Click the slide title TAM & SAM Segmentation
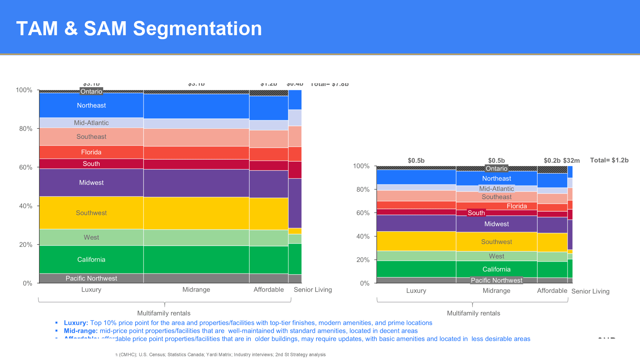click(x=139, y=29)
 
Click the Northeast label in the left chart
click(x=91, y=106)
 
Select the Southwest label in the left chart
click(x=91, y=213)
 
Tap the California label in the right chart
click(x=496, y=270)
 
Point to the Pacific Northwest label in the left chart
click(x=91, y=278)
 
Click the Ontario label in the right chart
click(x=496, y=169)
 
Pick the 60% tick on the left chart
click(x=26, y=167)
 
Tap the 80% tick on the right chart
click(x=363, y=190)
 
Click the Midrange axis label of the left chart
click(x=196, y=290)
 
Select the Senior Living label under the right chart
click(x=590, y=291)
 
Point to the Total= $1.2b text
click(x=609, y=160)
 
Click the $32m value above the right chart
click(x=571, y=161)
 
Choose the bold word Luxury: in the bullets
click(x=76, y=323)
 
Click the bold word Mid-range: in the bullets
click(x=81, y=331)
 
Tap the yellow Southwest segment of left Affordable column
click(x=269, y=214)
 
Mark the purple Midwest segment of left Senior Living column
click(x=295, y=203)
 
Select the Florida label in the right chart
click(x=516, y=206)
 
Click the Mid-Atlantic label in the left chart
click(x=91, y=123)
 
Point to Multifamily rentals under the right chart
click(x=473, y=313)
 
